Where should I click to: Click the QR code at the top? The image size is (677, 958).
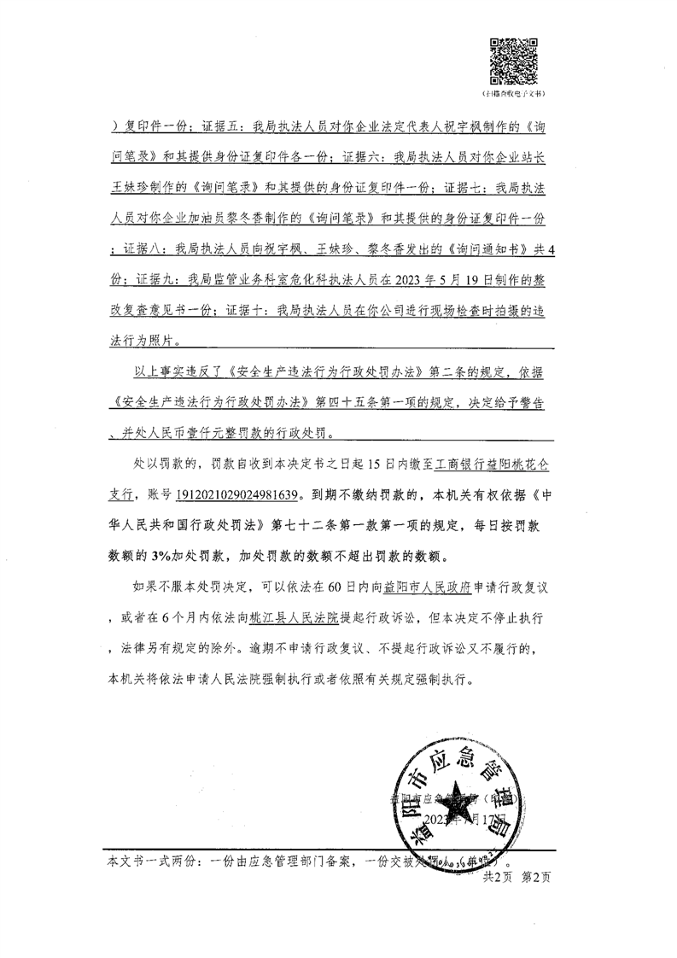(x=513, y=61)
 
